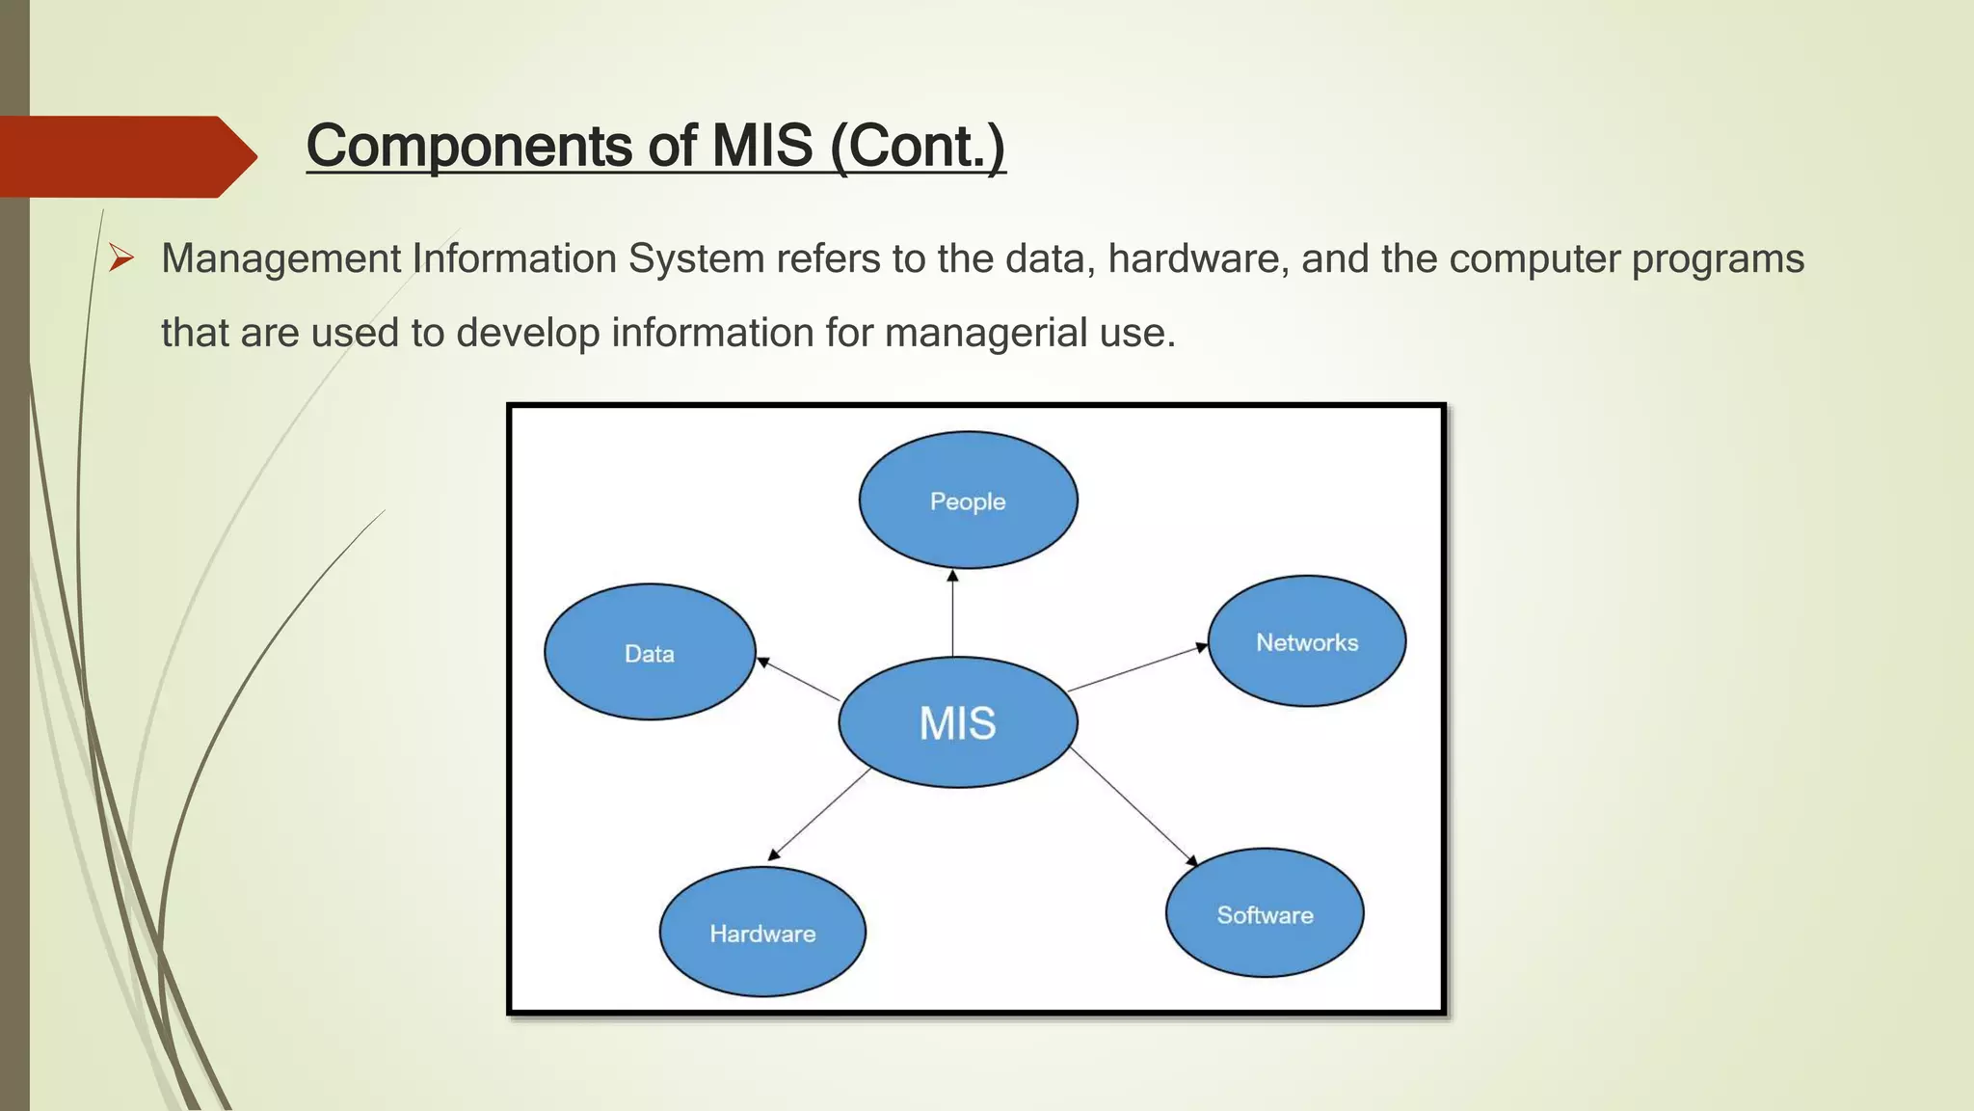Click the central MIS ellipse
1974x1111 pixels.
(957, 722)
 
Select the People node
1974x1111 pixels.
(968, 501)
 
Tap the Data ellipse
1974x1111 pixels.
(650, 653)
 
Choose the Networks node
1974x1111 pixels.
(1306, 641)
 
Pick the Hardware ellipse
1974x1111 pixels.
(762, 933)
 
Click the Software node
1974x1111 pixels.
(1265, 913)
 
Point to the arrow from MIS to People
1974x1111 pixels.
(952, 613)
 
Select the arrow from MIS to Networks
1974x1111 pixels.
(1137, 668)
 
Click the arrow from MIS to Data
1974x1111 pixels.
(799, 679)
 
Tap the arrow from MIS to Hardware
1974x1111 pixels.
(820, 813)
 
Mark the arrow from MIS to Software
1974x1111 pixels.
(1134, 806)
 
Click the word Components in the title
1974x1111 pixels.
(469, 147)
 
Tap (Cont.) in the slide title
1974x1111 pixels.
(918, 147)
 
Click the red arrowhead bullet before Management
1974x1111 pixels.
(120, 257)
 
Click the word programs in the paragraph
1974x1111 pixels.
(1717, 258)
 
